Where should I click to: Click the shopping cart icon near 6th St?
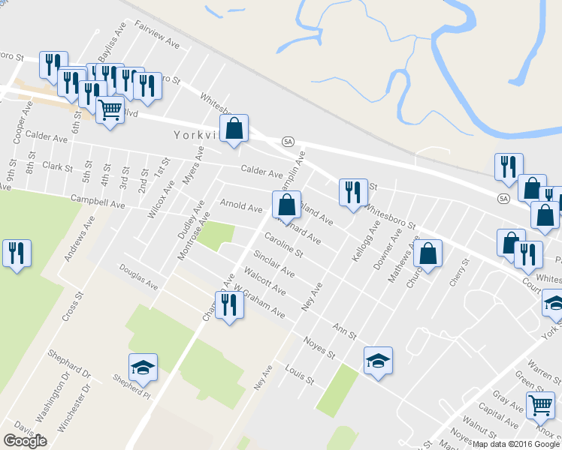tap(110, 110)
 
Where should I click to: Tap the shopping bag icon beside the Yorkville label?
tap(234, 128)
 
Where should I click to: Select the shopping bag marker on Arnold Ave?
tap(286, 203)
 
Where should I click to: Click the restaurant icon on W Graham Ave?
tap(230, 304)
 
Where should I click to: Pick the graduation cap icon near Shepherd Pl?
tap(143, 367)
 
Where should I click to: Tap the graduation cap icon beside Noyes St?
tap(378, 360)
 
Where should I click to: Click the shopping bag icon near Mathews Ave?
tap(428, 253)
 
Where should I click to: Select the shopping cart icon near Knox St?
tap(541, 405)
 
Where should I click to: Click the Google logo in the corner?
tap(25, 440)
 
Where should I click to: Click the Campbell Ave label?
tap(97, 202)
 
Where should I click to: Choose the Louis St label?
tap(299, 374)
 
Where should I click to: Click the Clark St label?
tap(57, 166)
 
